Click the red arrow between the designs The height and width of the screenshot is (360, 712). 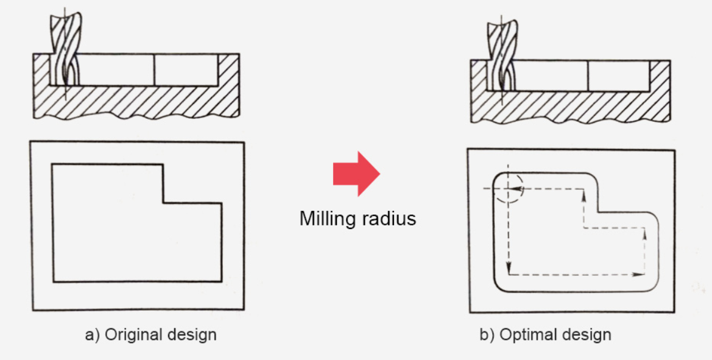tap(356, 174)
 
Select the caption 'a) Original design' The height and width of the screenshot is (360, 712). tap(151, 334)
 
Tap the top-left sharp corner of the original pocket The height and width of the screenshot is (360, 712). tap(53, 164)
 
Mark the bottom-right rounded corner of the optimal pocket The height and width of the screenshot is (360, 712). tap(655, 286)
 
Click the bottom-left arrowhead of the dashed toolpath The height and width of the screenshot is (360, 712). tap(509, 269)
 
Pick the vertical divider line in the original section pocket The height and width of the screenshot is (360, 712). tap(154, 69)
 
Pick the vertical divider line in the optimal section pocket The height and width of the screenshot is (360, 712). tap(588, 76)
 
